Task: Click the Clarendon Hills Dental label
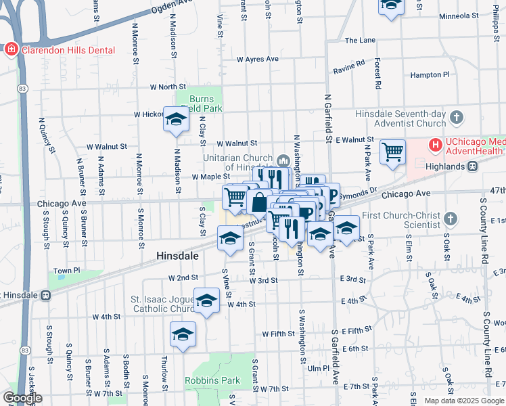(67, 50)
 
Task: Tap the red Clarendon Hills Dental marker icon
(11, 50)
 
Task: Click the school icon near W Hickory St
(176, 120)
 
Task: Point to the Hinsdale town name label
(177, 256)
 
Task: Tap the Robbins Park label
(212, 380)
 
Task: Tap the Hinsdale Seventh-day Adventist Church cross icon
(457, 117)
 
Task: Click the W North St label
(168, 87)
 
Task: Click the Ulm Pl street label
(317, 368)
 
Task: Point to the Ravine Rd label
(348, 68)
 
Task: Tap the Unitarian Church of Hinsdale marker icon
(283, 160)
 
